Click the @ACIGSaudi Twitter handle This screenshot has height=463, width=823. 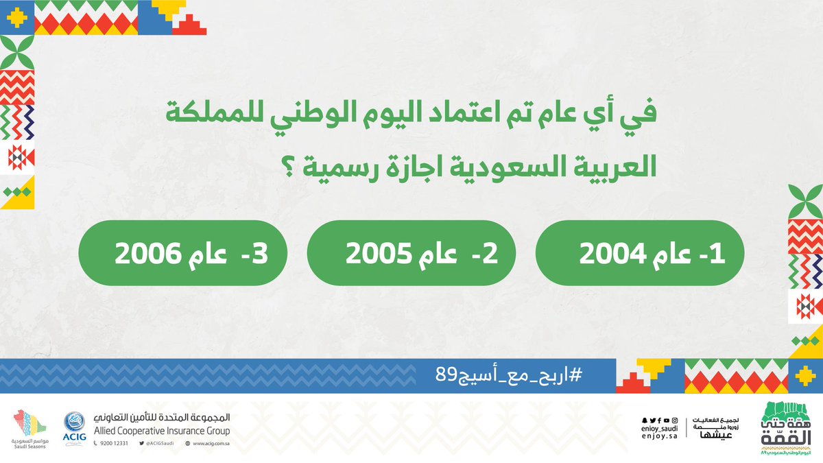coord(159,444)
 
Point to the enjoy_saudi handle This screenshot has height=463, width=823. coord(658,428)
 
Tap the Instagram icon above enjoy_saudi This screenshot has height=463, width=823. coord(674,420)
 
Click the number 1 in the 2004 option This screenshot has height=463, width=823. coord(718,252)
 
